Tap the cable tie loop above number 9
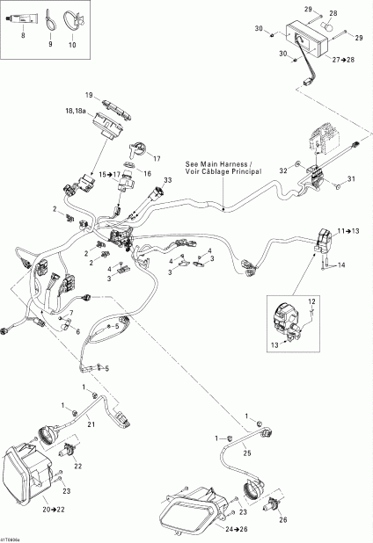point(49,18)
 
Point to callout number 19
point(89,94)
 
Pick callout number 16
point(146,175)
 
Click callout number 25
point(247,452)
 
